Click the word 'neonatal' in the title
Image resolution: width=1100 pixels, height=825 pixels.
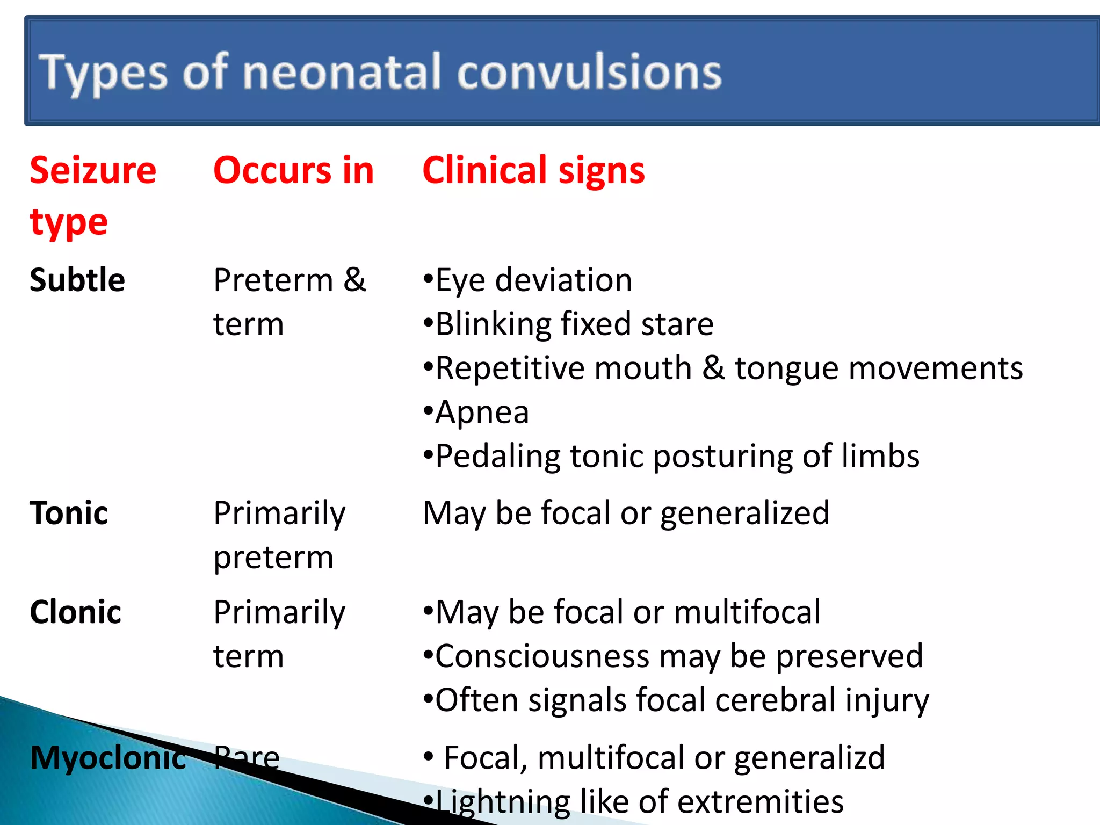click(342, 72)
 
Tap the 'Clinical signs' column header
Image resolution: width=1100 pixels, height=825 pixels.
click(533, 170)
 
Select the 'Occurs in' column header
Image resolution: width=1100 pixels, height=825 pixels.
click(293, 170)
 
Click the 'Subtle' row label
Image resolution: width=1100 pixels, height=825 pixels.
click(77, 280)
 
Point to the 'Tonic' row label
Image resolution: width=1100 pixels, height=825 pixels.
click(69, 513)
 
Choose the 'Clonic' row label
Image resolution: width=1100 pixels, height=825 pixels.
click(76, 612)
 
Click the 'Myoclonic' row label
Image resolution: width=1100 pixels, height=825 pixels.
click(108, 758)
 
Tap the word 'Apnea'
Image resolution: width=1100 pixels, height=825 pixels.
click(482, 412)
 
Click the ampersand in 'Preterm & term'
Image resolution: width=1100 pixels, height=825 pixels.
click(354, 280)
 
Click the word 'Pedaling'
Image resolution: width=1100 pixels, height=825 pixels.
click(497, 457)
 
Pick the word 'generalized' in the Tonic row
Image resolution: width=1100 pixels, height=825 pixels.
click(744, 513)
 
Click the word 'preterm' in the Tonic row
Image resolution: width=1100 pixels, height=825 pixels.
click(273, 558)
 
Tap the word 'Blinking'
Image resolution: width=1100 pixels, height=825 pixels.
click(493, 324)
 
